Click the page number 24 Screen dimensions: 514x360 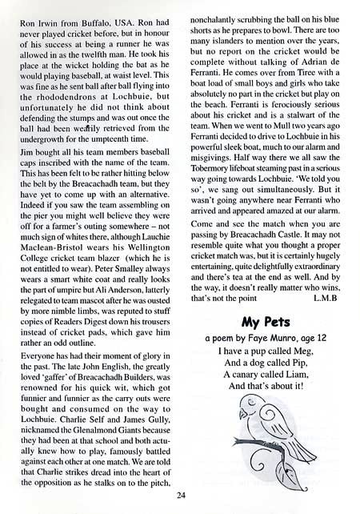pos(181,503)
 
